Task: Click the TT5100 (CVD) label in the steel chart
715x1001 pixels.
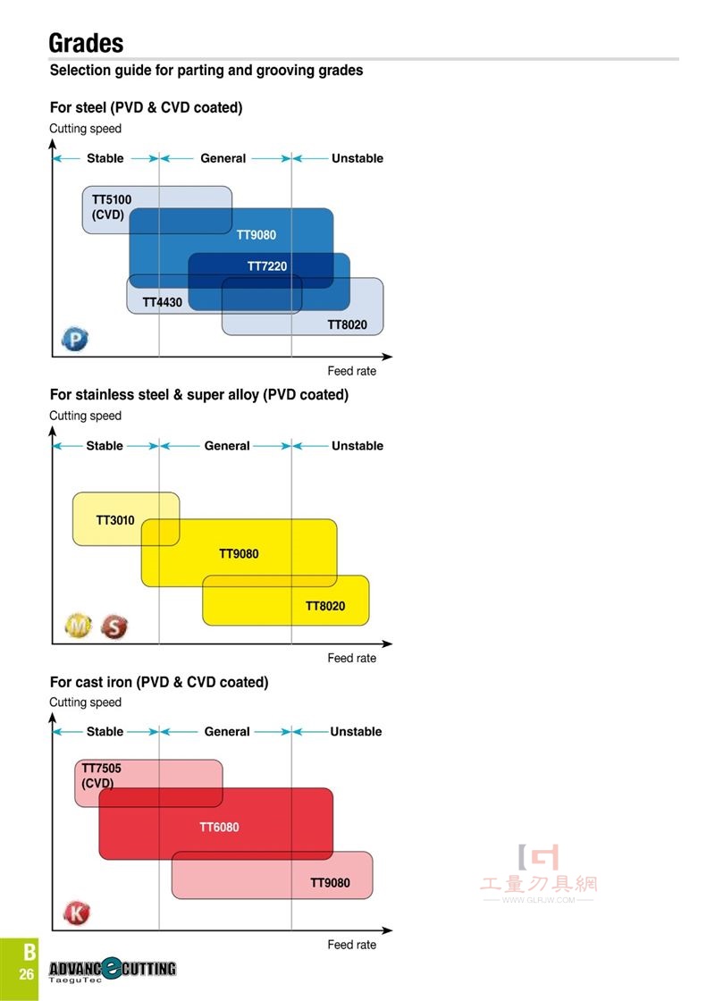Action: coord(111,206)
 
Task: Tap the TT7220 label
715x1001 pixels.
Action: coord(267,266)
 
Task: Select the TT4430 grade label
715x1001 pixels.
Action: coord(162,302)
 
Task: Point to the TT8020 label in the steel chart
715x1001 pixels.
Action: coord(348,324)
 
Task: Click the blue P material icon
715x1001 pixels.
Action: coord(75,339)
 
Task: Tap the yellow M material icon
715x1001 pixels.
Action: coord(79,626)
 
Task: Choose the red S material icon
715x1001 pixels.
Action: coord(114,627)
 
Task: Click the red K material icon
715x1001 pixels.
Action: coord(77,913)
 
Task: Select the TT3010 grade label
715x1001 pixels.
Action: coord(115,520)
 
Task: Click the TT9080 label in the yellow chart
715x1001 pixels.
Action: coord(239,553)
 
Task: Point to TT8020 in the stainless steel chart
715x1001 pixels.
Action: coord(325,606)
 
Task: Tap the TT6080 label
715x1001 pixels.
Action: coord(219,828)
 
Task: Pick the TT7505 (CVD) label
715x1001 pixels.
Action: coord(101,776)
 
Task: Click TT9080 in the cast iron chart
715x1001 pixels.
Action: coord(330,883)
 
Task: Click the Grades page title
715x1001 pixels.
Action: coord(86,43)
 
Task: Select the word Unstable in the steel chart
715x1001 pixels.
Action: coord(357,158)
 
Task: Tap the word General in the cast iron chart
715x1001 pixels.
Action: coord(227,732)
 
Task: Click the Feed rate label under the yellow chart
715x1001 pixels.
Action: coord(352,658)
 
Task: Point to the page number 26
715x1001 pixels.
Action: coord(26,974)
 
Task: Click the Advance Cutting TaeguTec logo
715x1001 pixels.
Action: coord(113,971)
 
